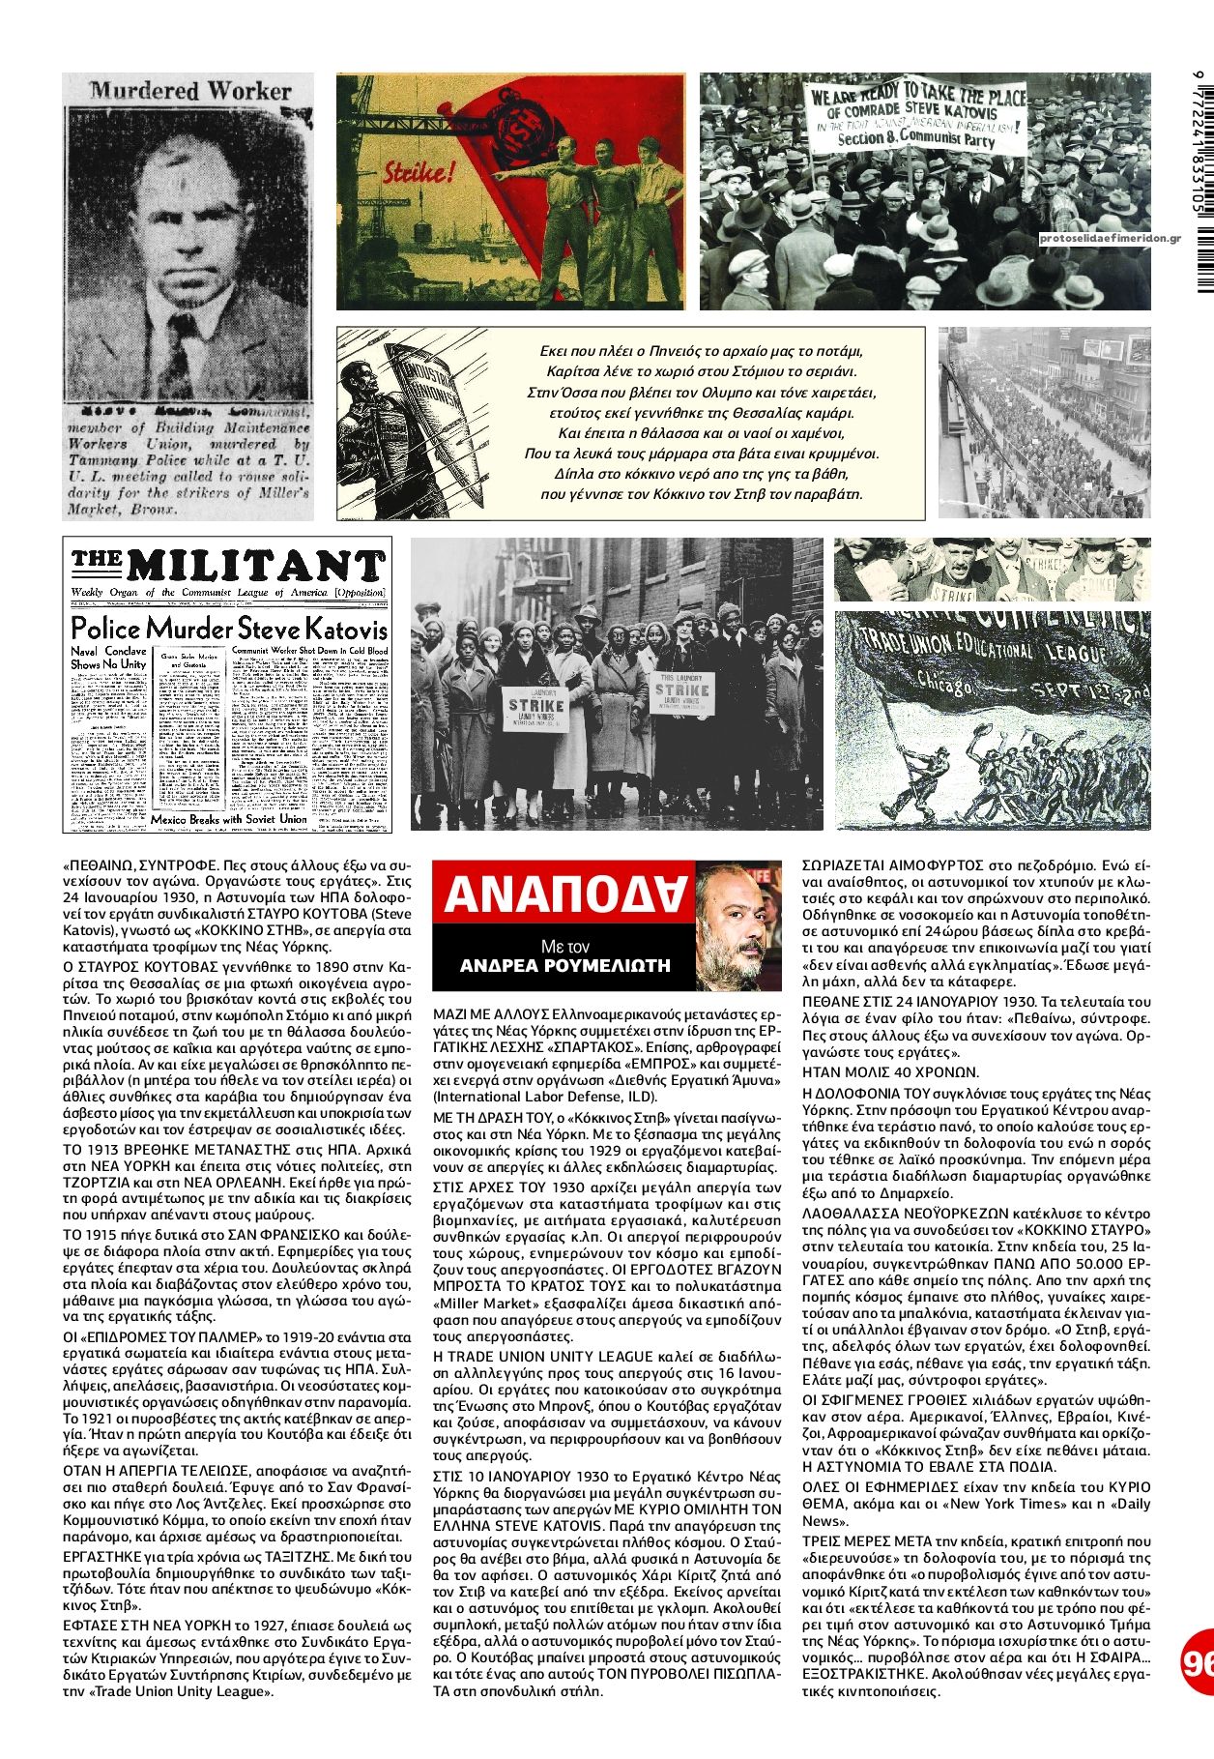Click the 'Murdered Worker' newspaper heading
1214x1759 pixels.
pos(190,91)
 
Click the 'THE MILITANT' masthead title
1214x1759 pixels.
pos(228,565)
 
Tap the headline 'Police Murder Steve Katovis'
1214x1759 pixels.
pos(228,627)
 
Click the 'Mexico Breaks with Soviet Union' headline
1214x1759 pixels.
pos(228,819)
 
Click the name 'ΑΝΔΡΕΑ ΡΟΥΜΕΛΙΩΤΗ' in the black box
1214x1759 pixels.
pos(565,965)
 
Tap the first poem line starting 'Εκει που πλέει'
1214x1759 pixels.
pos(701,351)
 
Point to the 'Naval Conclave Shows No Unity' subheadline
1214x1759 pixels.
pos(108,658)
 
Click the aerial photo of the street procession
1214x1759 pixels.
pos(1044,423)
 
